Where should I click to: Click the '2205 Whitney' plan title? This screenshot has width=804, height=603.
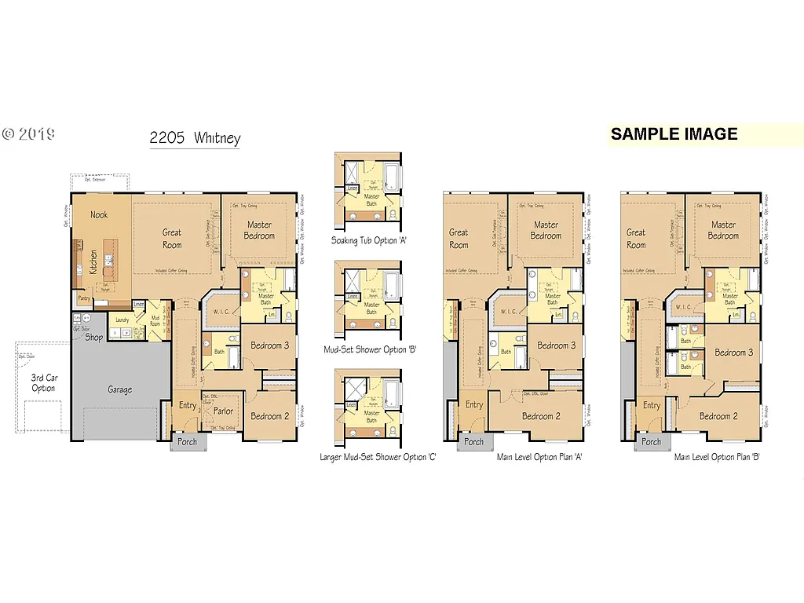(x=195, y=139)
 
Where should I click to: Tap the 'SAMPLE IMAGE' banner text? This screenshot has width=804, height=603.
(x=674, y=134)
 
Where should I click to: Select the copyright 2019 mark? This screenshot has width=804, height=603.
(x=28, y=133)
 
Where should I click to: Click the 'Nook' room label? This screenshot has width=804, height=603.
(x=99, y=214)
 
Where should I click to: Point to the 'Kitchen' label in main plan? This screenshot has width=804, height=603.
(x=93, y=261)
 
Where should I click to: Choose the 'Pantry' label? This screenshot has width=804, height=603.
(x=83, y=299)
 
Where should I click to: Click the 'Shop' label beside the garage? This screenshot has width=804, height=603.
(x=94, y=338)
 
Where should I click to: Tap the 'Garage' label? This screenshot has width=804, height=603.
(x=119, y=389)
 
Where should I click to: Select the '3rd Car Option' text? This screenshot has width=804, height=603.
(x=43, y=382)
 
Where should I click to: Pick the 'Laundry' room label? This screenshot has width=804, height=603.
(x=122, y=320)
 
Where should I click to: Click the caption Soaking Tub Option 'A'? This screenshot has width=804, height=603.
(x=372, y=240)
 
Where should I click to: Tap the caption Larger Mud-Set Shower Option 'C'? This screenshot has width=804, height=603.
(x=378, y=457)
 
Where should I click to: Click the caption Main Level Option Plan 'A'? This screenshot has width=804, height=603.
(x=539, y=456)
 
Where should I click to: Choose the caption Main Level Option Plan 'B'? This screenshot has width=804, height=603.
(x=716, y=456)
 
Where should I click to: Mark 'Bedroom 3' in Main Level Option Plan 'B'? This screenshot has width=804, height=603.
(x=733, y=353)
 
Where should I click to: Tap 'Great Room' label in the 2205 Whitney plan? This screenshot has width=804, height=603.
(x=172, y=238)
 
